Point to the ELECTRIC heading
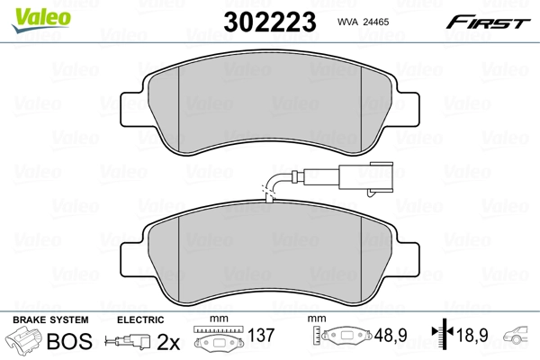141,319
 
